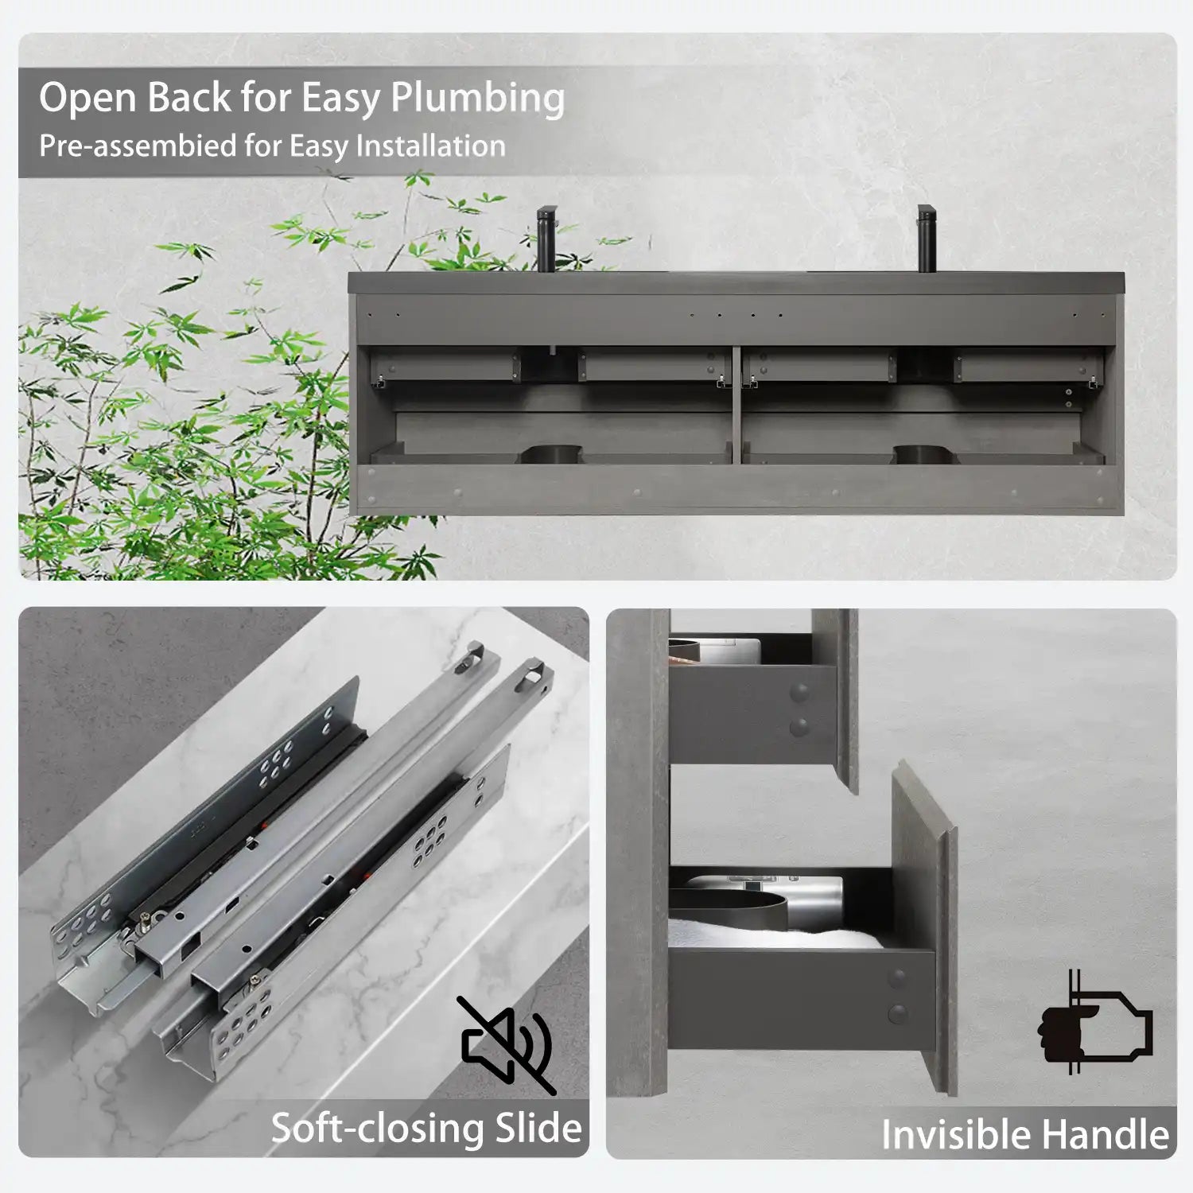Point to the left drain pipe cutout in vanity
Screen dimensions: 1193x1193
pos(550,454)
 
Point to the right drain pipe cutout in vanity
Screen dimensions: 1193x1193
pos(923,454)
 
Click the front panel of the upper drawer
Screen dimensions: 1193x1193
pos(835,692)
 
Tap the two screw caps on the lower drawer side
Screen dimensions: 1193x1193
pos(897,995)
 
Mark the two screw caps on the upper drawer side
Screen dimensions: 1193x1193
pos(799,709)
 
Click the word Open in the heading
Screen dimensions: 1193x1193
pos(87,99)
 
